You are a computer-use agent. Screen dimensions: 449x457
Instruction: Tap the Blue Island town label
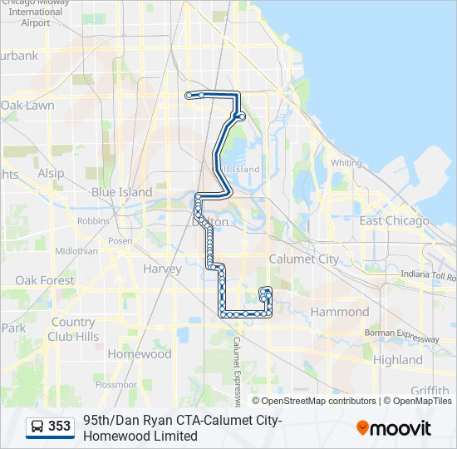[x=121, y=192]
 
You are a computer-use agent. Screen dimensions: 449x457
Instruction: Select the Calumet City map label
[x=303, y=259]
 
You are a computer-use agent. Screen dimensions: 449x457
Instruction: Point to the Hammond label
[x=339, y=312]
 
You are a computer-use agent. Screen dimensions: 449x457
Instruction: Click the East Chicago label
[x=394, y=220]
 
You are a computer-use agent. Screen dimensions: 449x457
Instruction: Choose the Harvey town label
[x=162, y=269]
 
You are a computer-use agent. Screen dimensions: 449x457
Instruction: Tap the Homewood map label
[x=139, y=353]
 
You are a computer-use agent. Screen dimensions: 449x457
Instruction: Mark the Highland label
[x=397, y=360]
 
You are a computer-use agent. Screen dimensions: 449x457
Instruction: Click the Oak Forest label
[x=44, y=280]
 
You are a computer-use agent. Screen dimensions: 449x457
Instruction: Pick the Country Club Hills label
[x=71, y=329]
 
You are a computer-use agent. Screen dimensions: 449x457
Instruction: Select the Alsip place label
[x=50, y=173]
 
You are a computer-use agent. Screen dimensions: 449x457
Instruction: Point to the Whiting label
[x=346, y=163]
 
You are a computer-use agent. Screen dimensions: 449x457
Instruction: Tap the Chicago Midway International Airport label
[x=36, y=12]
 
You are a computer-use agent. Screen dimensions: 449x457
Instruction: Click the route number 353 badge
[x=59, y=427]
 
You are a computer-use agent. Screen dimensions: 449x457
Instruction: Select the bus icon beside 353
[x=37, y=427]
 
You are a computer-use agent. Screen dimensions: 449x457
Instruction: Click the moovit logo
[x=394, y=427]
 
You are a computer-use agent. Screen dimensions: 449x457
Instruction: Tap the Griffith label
[x=429, y=391]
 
